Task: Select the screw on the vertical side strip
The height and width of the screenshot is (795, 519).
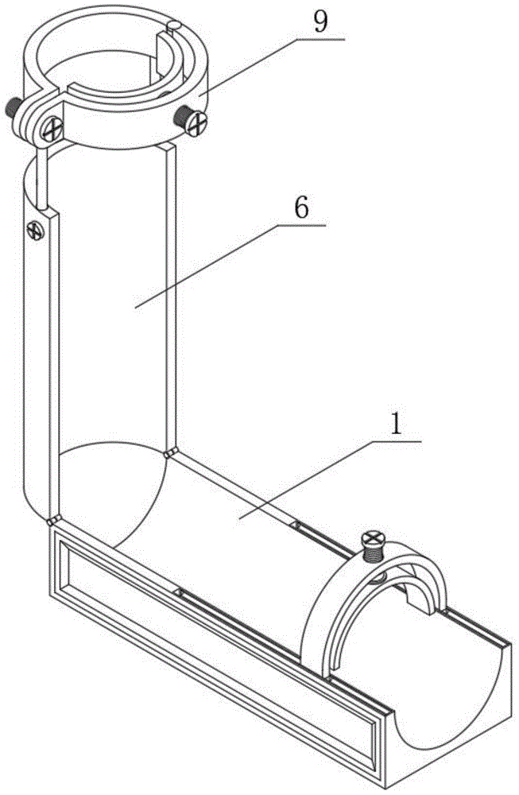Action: point(34,231)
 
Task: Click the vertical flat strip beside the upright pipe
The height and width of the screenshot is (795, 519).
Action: point(36,358)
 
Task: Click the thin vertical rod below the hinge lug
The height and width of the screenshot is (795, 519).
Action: point(37,171)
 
